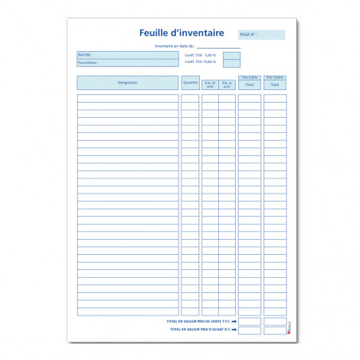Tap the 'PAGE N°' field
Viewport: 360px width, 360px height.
point(261,35)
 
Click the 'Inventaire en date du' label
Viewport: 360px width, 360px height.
point(174,46)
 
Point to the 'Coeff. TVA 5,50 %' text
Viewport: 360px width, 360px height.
point(200,55)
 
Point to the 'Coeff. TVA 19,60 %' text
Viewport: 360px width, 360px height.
point(200,62)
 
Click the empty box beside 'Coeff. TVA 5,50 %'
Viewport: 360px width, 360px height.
point(230,55)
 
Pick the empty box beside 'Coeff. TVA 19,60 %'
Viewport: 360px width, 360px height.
point(230,63)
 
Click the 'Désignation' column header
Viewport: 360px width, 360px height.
point(127,82)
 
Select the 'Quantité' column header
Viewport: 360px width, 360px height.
point(190,82)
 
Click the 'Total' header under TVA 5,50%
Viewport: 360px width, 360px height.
point(249,84)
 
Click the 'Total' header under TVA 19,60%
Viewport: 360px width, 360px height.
point(275,84)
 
